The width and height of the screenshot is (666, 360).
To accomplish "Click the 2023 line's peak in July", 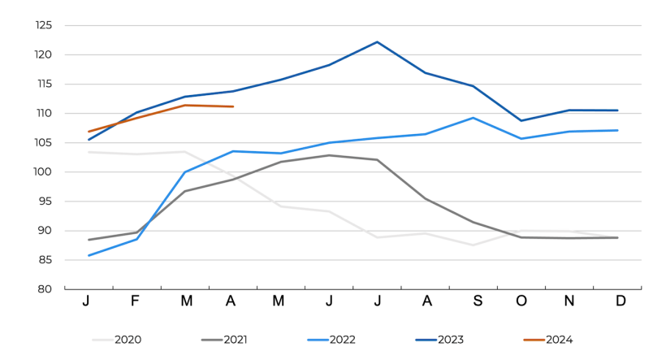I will click(x=377, y=41).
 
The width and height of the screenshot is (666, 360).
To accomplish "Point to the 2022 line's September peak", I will click(x=474, y=118).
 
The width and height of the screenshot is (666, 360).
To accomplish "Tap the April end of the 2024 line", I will click(x=233, y=106).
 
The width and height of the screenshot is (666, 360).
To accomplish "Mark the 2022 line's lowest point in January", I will click(x=89, y=255).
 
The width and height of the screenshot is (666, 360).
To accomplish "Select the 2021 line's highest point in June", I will click(x=328, y=155).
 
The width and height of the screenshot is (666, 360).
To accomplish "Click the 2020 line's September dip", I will click(x=474, y=245).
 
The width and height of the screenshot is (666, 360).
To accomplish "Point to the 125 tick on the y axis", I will click(x=44, y=26).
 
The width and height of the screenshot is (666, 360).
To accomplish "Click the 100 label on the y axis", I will click(x=44, y=172).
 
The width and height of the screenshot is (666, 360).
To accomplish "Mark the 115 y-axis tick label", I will click(x=44, y=85).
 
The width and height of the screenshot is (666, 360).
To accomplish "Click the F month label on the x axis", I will click(x=136, y=301).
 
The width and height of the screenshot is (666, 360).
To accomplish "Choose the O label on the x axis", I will click(x=521, y=301).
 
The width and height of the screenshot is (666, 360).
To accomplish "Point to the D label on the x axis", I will click(x=620, y=301).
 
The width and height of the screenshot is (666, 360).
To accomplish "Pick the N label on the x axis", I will click(x=569, y=301).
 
